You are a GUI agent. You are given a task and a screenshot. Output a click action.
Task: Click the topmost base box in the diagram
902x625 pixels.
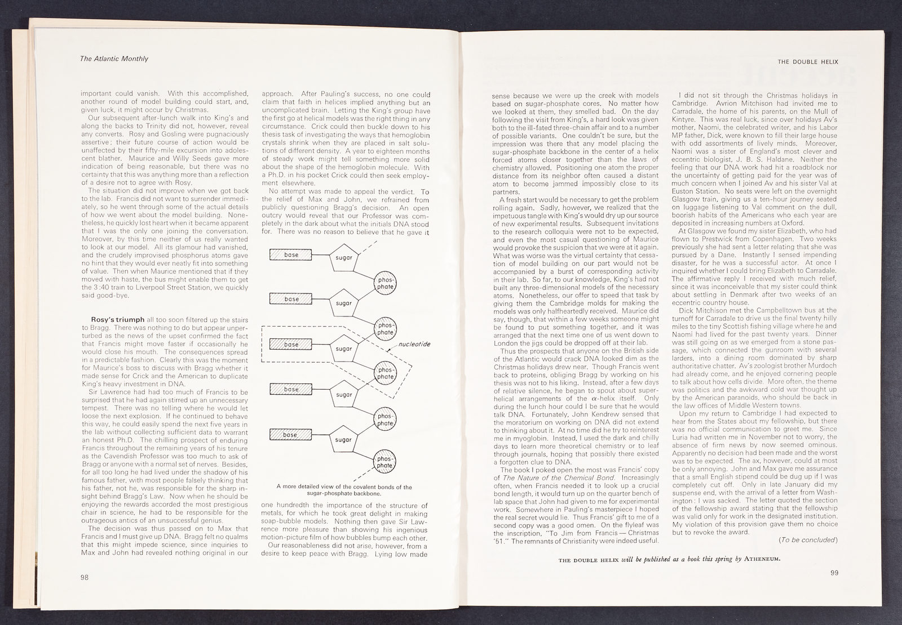pos(291,255)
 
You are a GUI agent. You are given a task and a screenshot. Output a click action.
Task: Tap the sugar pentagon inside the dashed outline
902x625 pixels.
pos(344,348)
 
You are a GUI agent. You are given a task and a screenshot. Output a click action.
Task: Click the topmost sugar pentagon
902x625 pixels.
pos(344,257)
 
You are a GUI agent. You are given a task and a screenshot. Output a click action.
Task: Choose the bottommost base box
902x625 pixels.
pos(291,434)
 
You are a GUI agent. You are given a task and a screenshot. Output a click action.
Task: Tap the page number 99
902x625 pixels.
pos(835,573)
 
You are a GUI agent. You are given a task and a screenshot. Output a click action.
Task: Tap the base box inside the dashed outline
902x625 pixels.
pos(291,344)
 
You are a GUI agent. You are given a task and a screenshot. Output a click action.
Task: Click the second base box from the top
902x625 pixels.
pos(291,299)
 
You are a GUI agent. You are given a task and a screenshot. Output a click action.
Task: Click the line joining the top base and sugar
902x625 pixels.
pos(320,255)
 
